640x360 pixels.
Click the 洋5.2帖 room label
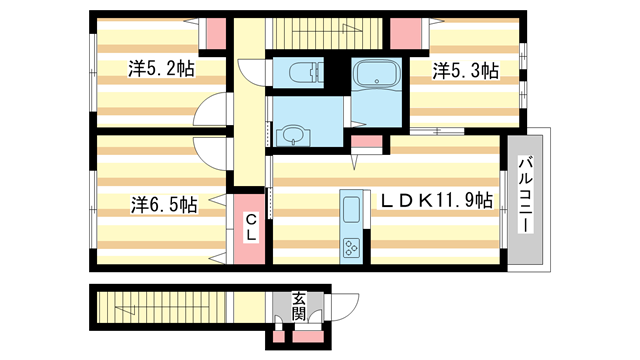click(x=161, y=69)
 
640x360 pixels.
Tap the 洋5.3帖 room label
click(x=466, y=71)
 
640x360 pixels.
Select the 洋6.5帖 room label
click(x=164, y=204)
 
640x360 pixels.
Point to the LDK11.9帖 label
click(x=436, y=200)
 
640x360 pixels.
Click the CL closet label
click(x=251, y=228)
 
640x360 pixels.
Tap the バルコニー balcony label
click(x=526, y=194)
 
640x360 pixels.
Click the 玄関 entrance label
click(x=298, y=306)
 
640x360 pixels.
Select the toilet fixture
click(x=306, y=73)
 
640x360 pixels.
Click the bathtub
click(x=376, y=73)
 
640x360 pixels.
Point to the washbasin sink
click(x=293, y=135)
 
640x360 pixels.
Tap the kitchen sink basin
click(x=351, y=209)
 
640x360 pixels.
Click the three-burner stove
click(x=351, y=247)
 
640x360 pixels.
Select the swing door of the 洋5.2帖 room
click(x=209, y=109)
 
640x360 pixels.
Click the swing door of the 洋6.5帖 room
click(x=209, y=153)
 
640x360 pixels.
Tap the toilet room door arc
click(x=250, y=73)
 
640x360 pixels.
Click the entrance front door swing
click(x=344, y=307)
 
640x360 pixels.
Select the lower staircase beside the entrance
click(x=161, y=307)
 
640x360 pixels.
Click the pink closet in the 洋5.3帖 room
click(x=406, y=33)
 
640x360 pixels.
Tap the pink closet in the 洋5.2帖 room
click(x=216, y=33)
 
